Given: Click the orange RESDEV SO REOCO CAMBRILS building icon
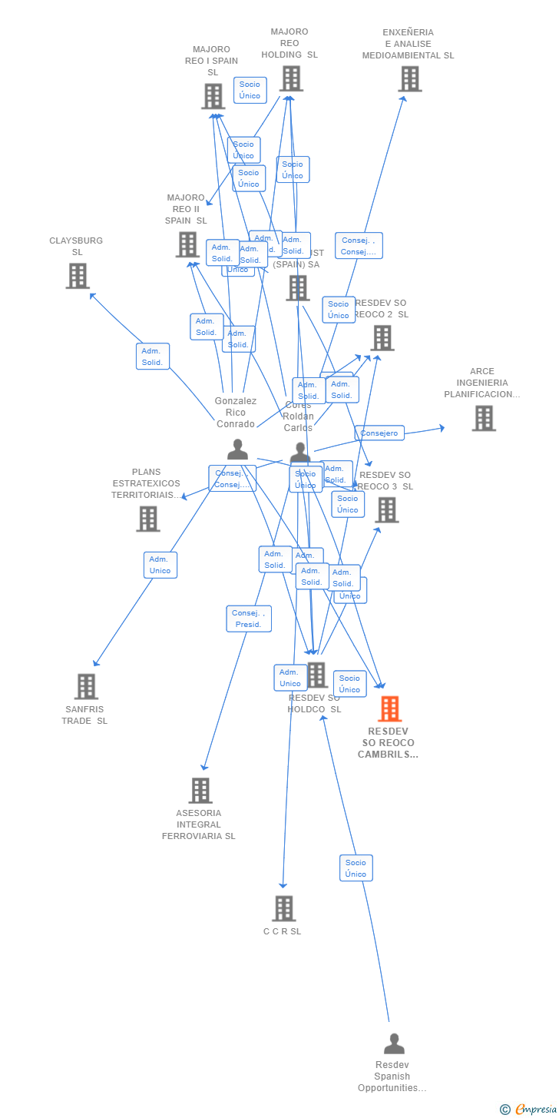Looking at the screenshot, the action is (390, 708).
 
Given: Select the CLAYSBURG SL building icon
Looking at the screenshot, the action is (78, 276).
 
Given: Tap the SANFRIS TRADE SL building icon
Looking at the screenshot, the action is (86, 686).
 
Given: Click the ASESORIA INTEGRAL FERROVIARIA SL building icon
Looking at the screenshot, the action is (200, 790).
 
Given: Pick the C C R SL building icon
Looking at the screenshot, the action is (284, 908).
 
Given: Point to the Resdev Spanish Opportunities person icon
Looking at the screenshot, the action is (394, 1043).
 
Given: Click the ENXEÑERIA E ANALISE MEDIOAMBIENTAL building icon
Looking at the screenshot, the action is (409, 78).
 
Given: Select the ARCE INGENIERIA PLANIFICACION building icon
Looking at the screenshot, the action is (484, 418).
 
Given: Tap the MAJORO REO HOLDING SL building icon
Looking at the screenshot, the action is (291, 78).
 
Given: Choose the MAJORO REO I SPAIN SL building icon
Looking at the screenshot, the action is (213, 96).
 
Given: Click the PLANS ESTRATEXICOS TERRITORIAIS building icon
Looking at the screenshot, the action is (148, 519).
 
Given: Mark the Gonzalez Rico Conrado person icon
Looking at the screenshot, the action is (238, 449).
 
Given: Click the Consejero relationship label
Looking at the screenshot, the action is (379, 433).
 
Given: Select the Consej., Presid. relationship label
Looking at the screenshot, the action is (249, 619).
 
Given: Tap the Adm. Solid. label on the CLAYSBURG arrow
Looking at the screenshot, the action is (153, 357).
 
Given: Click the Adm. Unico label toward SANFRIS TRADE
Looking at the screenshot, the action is (160, 565).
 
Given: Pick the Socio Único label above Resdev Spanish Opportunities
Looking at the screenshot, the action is (356, 868).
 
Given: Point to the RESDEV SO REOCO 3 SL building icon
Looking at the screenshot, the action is (386, 509).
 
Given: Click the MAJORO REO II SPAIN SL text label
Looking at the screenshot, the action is (186, 209).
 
